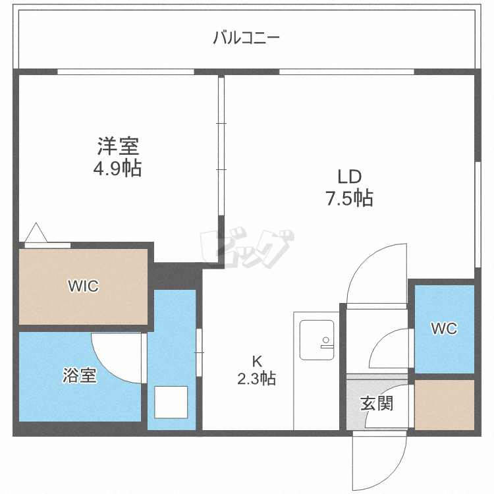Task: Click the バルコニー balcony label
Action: click(x=246, y=38)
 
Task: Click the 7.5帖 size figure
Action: click(x=350, y=198)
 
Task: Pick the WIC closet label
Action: click(x=83, y=287)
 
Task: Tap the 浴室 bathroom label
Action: click(x=80, y=376)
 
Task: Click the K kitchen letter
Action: click(x=258, y=360)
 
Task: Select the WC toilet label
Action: click(x=444, y=329)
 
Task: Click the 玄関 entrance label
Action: click(x=377, y=402)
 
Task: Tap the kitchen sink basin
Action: click(x=316, y=339)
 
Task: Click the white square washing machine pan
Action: click(x=171, y=402)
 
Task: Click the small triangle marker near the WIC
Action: click(x=35, y=233)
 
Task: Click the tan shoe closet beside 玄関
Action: click(x=445, y=404)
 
